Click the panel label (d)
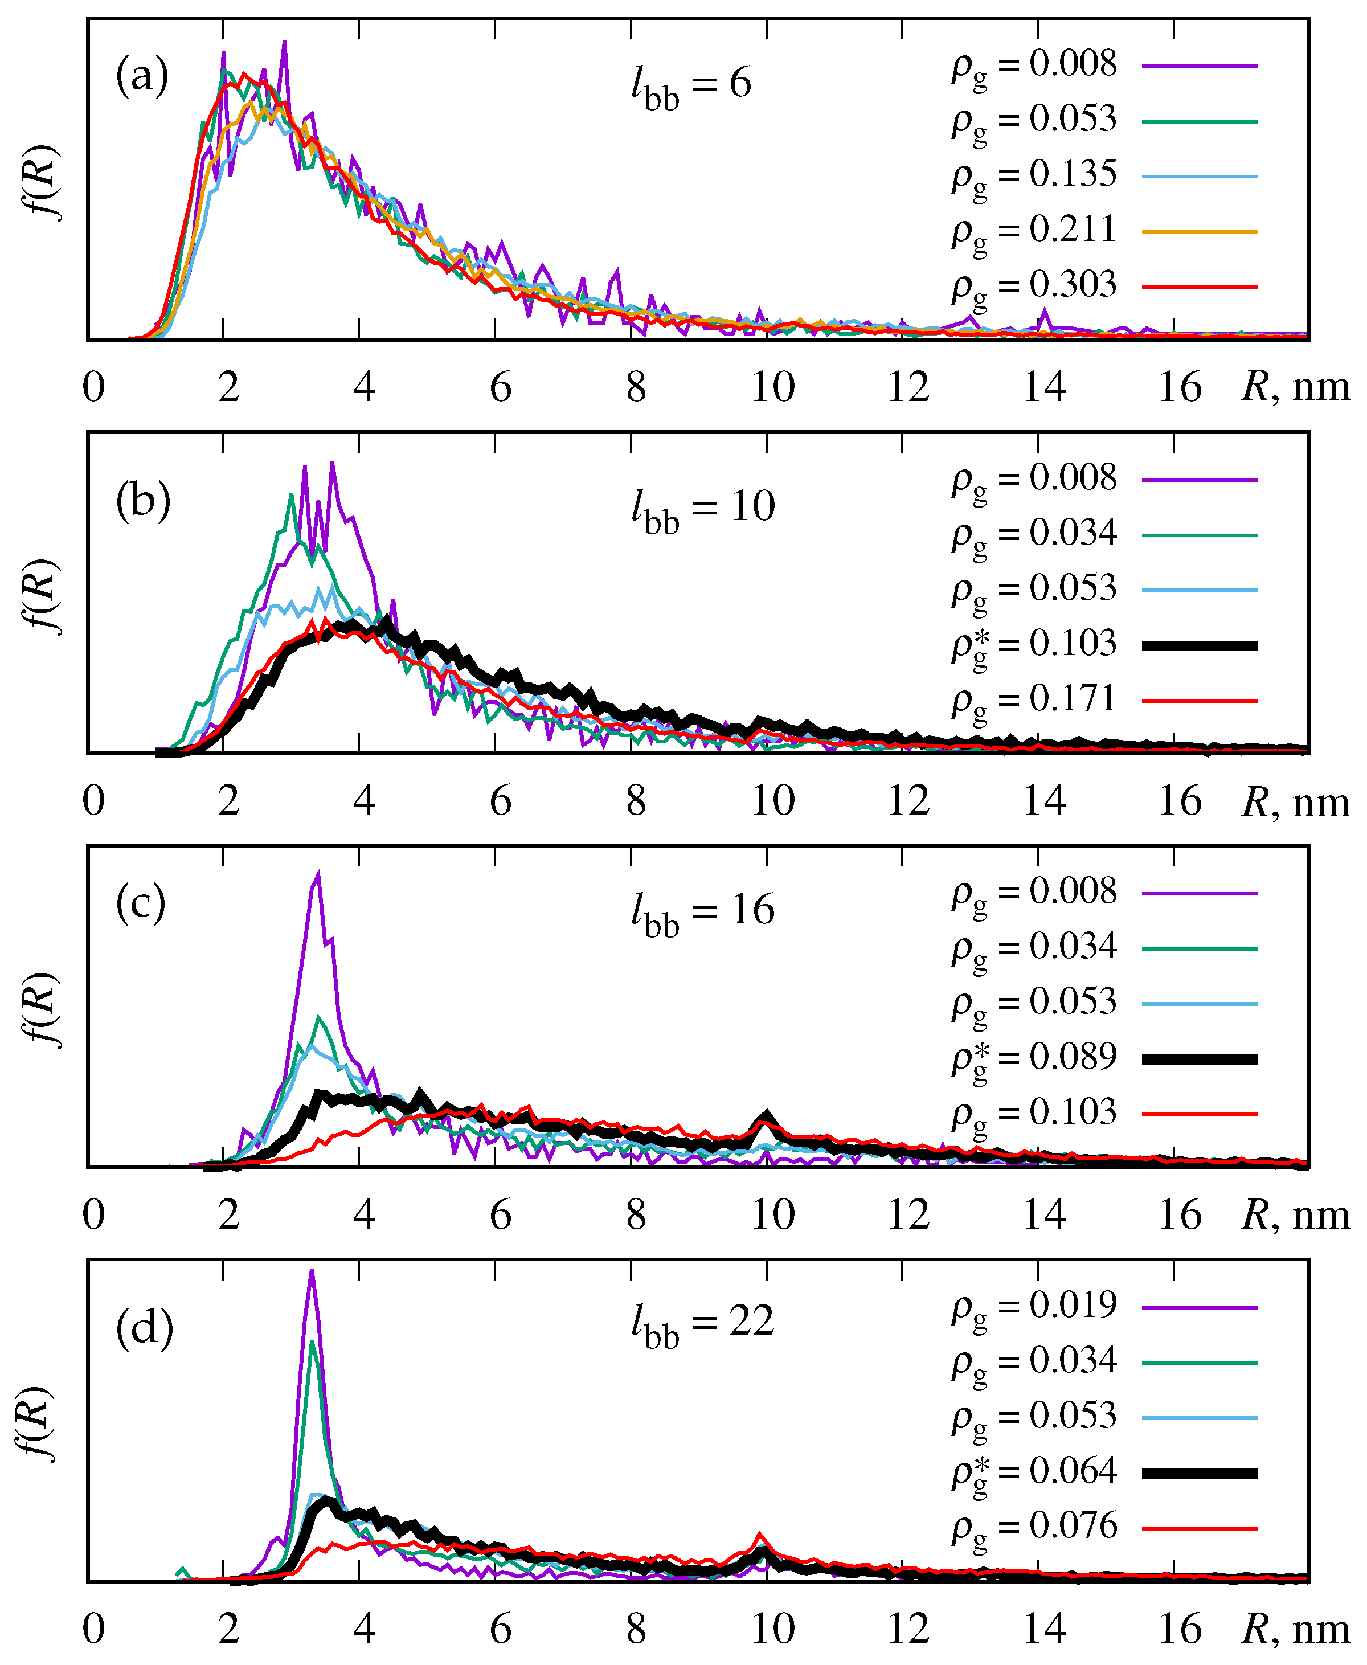click(x=144, y=1329)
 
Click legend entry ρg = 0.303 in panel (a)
click(x=1034, y=286)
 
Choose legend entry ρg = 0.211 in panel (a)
click(x=1034, y=231)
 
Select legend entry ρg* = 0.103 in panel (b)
click(x=1034, y=645)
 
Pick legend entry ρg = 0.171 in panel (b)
click(x=1034, y=700)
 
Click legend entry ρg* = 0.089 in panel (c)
click(x=1034, y=1058)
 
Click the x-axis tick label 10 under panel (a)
click(x=772, y=387)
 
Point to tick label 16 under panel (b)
click(x=1180, y=801)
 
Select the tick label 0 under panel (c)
click(x=94, y=1214)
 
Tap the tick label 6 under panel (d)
click(x=501, y=1629)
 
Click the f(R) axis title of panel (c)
click(x=41, y=1010)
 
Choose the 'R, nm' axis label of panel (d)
click(x=1295, y=1629)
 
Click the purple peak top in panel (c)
click(x=318, y=873)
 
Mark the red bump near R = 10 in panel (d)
click(x=760, y=1533)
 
